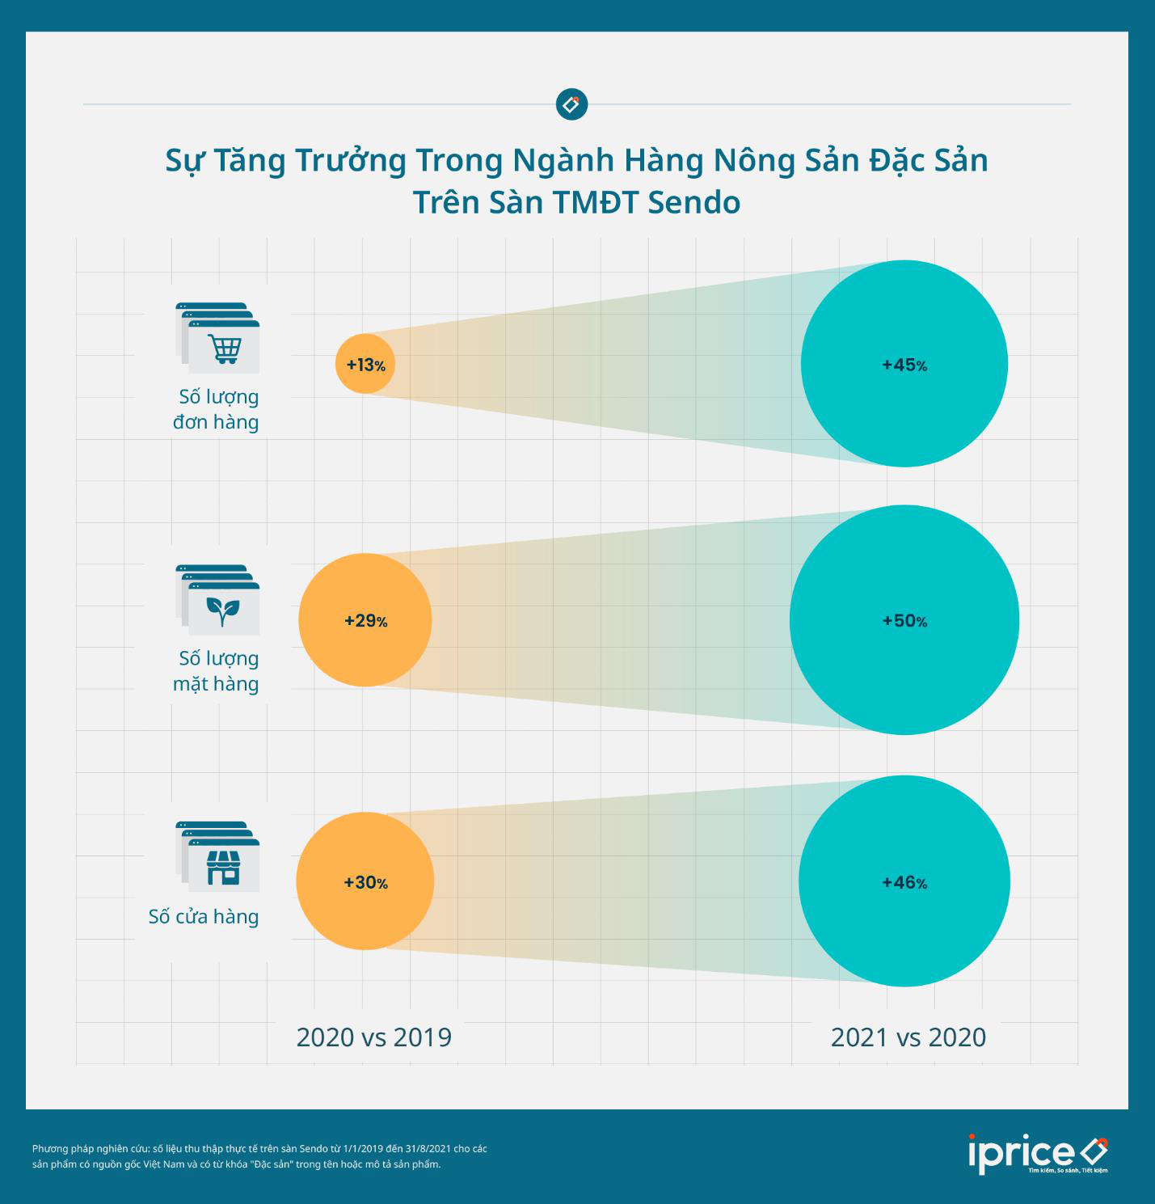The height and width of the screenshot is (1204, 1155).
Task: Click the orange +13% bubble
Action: pyautogui.click(x=365, y=364)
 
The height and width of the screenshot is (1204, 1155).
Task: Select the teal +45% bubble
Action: pyautogui.click(x=904, y=364)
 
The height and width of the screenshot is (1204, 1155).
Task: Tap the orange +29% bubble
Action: pyautogui.click(x=365, y=620)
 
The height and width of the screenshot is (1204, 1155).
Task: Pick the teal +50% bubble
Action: pyautogui.click(x=904, y=620)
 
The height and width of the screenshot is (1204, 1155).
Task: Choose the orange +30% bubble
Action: pyautogui.click(x=365, y=881)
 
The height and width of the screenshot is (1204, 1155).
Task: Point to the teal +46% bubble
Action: pyautogui.click(x=904, y=881)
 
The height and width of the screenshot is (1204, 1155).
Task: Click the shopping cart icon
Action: pyautogui.click(x=224, y=348)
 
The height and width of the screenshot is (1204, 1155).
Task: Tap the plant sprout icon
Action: pyautogui.click(x=222, y=610)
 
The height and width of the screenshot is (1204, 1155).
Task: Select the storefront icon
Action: pyautogui.click(x=223, y=867)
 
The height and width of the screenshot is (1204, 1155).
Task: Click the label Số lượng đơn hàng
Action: pyautogui.click(x=217, y=409)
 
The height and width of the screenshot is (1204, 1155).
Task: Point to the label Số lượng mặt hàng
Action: pyautogui.click(x=217, y=671)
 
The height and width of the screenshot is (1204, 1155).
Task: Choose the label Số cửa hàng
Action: pyautogui.click(x=204, y=916)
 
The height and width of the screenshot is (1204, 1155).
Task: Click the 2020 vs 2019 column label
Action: pyautogui.click(x=373, y=1037)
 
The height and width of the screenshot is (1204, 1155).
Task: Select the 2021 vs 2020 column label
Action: pyautogui.click(x=908, y=1037)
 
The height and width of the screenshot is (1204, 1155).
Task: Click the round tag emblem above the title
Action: pyautogui.click(x=571, y=104)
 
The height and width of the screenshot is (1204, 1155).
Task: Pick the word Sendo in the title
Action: pyautogui.click(x=694, y=202)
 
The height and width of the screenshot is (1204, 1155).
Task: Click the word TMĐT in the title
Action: pyautogui.click(x=594, y=202)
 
